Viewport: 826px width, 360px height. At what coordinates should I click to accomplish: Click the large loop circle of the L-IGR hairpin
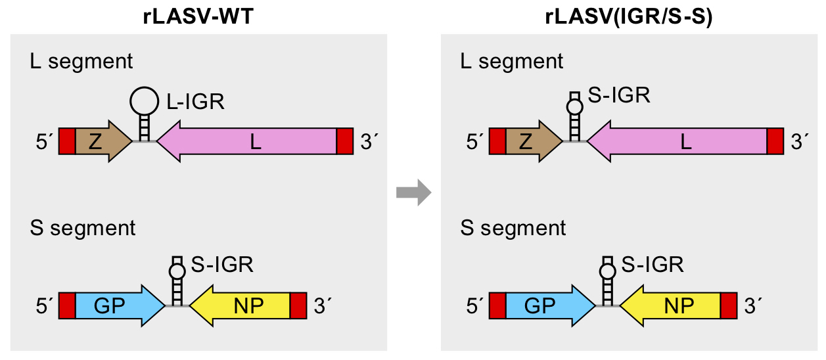[144, 101]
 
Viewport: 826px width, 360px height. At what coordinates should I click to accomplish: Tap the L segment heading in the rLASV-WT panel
[81, 62]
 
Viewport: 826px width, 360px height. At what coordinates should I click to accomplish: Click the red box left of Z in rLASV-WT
[67, 141]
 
